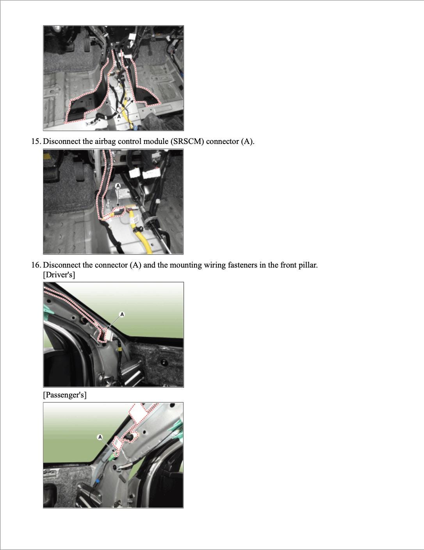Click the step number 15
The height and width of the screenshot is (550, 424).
tap(36, 141)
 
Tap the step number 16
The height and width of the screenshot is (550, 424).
tap(36, 265)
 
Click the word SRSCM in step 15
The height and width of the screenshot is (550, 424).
tap(187, 141)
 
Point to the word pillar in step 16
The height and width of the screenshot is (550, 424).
tap(308, 265)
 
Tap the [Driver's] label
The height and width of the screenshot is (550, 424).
tap(59, 275)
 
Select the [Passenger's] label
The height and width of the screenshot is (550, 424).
tap(65, 395)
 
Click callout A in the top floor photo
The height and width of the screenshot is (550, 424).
tap(119, 116)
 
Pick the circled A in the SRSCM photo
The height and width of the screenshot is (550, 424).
tap(118, 186)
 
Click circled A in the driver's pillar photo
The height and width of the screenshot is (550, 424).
tap(122, 314)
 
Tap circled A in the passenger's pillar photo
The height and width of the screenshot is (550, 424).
tap(100, 437)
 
